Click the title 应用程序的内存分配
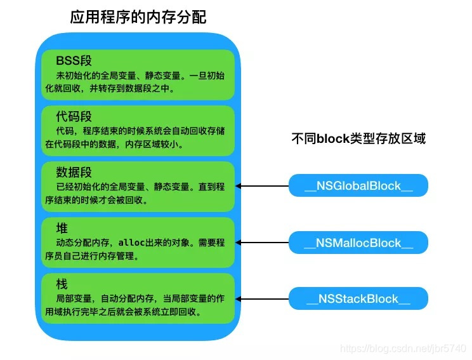138,17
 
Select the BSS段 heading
74,61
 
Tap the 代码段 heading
74,117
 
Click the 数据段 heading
74,172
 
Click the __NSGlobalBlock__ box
358,186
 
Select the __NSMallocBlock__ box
358,243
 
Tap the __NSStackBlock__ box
358,298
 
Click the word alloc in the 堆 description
131,243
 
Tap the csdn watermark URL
403,349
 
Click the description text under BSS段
138,82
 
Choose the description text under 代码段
138,138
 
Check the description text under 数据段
138,193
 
